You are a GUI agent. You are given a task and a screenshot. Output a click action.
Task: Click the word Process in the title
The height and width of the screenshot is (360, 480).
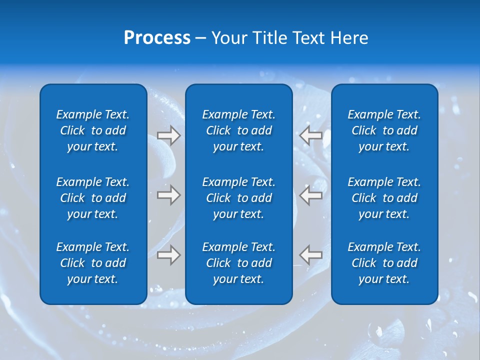pos(157,38)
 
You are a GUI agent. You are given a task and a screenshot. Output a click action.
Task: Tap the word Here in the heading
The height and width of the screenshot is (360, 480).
pos(349,38)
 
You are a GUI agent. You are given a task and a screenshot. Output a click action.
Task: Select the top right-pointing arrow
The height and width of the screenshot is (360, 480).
pos(168,135)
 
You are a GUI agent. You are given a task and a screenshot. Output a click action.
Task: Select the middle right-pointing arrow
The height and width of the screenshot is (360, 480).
pos(168,195)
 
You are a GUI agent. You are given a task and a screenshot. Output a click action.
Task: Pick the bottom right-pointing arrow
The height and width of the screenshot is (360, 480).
pos(168,255)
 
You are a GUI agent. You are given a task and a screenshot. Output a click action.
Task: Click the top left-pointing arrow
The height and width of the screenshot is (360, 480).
pos(311,135)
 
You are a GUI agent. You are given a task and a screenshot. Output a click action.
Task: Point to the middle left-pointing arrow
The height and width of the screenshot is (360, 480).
pos(311,195)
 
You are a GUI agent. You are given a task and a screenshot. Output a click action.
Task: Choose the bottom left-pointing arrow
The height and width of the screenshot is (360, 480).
pos(311,255)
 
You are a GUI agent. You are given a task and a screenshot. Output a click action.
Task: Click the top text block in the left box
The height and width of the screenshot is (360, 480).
pos(93,130)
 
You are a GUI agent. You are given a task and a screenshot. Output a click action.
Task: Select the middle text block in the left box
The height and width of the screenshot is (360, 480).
pos(93,198)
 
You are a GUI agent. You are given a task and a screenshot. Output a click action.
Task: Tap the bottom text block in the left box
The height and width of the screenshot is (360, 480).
pos(93,263)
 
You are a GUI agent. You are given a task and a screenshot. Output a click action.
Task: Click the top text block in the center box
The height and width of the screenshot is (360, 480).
pos(238,130)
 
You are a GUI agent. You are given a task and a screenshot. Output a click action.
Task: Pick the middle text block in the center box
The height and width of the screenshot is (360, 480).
pos(238,198)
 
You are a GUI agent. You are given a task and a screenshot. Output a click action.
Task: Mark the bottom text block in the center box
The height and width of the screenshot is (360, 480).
pos(238,263)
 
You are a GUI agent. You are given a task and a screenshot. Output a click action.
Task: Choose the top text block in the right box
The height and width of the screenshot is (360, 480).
pos(384,130)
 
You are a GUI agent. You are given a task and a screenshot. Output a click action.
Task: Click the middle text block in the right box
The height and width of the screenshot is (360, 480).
pos(384,198)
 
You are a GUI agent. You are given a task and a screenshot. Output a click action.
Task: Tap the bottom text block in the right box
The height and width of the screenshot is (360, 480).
pos(384,263)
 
